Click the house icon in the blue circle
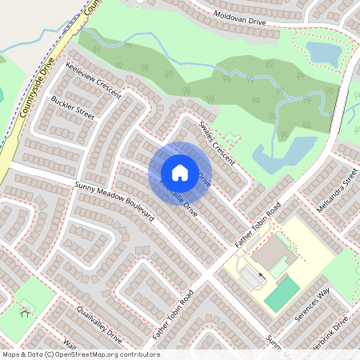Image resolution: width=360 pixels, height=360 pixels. tap(180, 172)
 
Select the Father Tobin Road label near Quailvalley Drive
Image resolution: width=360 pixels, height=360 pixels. tap(175, 314)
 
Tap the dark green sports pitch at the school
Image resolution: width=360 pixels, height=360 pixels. tap(282, 295)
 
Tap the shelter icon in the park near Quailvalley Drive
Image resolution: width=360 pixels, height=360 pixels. tap(25, 308)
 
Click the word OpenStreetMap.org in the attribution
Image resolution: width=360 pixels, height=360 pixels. tap(95, 354)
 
